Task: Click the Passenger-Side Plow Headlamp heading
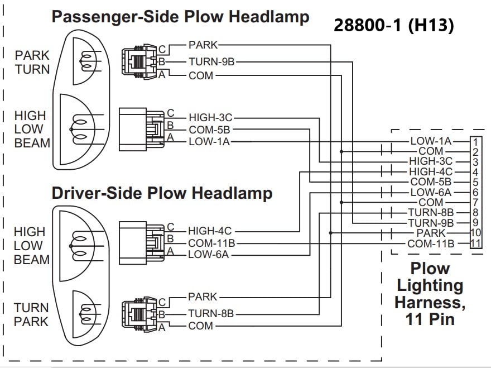(x=180, y=16)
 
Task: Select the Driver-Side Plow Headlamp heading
(x=162, y=193)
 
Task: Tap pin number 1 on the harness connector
(x=475, y=141)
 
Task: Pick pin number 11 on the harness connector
(x=475, y=243)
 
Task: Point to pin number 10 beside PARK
(x=475, y=233)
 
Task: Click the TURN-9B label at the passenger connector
(x=211, y=62)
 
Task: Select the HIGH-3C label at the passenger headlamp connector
(x=210, y=118)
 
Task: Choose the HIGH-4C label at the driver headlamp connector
(x=210, y=231)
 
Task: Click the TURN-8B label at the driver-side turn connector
(x=211, y=314)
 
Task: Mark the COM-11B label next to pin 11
(x=431, y=243)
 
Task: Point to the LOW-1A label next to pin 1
(x=431, y=142)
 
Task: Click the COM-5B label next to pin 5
(x=431, y=182)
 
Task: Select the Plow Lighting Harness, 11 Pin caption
(x=430, y=294)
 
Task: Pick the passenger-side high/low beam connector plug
(x=141, y=128)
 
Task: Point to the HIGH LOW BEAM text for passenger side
(x=32, y=130)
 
